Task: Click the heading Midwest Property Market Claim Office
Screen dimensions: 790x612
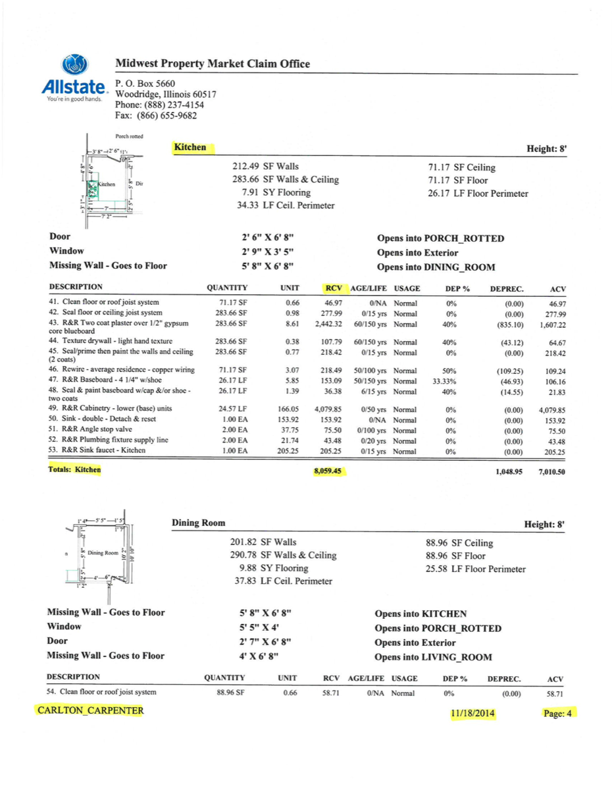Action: tap(213, 64)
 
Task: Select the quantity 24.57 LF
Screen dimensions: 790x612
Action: tap(233, 409)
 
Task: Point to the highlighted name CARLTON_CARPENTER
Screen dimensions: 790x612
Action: tap(90, 711)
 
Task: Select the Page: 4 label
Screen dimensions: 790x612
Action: tap(559, 713)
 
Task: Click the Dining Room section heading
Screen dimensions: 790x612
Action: tap(198, 523)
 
